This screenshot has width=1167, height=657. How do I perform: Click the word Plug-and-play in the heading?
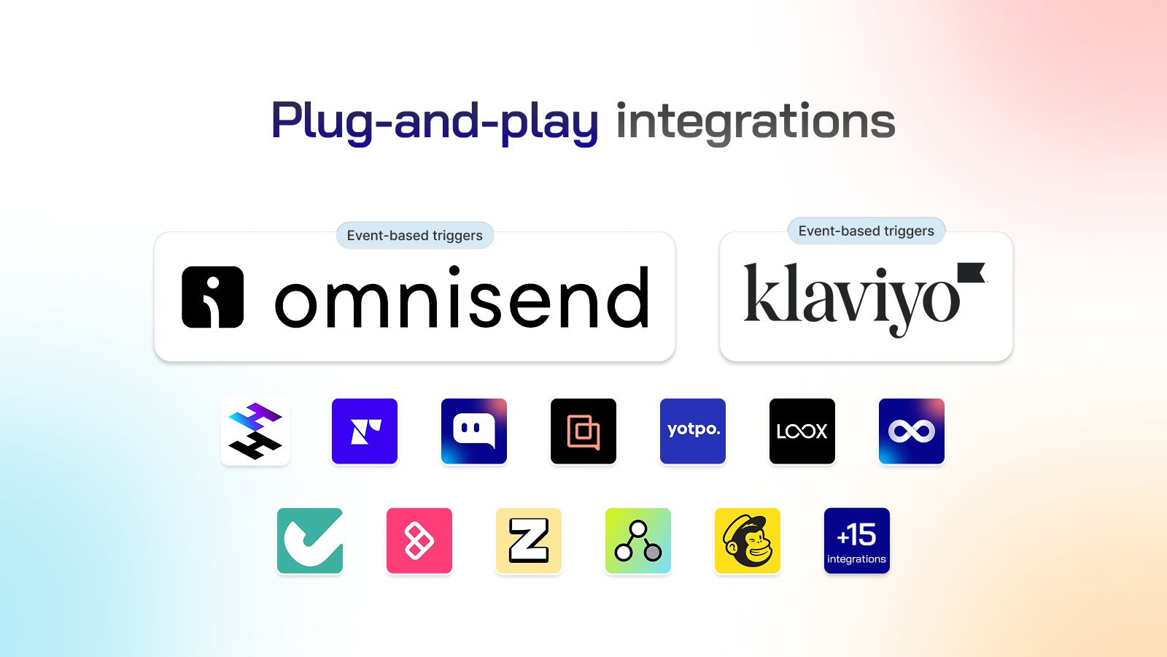[435, 122]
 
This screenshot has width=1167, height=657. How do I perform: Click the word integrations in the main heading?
[756, 122]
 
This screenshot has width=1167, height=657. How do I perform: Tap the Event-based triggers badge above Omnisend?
[415, 236]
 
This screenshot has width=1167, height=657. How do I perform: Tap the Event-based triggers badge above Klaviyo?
[866, 231]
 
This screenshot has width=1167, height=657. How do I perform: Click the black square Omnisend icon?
[212, 297]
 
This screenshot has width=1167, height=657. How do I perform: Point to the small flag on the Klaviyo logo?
[971, 272]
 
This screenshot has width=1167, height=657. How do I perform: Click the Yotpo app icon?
[693, 431]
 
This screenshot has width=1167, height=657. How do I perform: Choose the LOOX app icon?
[802, 431]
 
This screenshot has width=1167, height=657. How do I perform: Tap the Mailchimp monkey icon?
[748, 541]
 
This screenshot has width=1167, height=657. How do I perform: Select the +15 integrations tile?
[857, 541]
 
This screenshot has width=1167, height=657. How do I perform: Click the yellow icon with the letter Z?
[529, 541]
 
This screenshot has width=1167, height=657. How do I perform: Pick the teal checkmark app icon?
[310, 541]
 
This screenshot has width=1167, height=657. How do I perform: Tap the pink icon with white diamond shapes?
[419, 541]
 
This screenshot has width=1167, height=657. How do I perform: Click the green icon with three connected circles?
[638, 541]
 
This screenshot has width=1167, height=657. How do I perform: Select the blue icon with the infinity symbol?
[912, 431]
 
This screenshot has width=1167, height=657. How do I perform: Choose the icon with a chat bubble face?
[474, 431]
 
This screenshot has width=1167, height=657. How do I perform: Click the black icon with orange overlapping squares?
[583, 431]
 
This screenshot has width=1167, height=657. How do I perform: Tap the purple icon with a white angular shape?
[365, 431]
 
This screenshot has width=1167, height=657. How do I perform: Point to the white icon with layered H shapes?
[255, 431]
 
